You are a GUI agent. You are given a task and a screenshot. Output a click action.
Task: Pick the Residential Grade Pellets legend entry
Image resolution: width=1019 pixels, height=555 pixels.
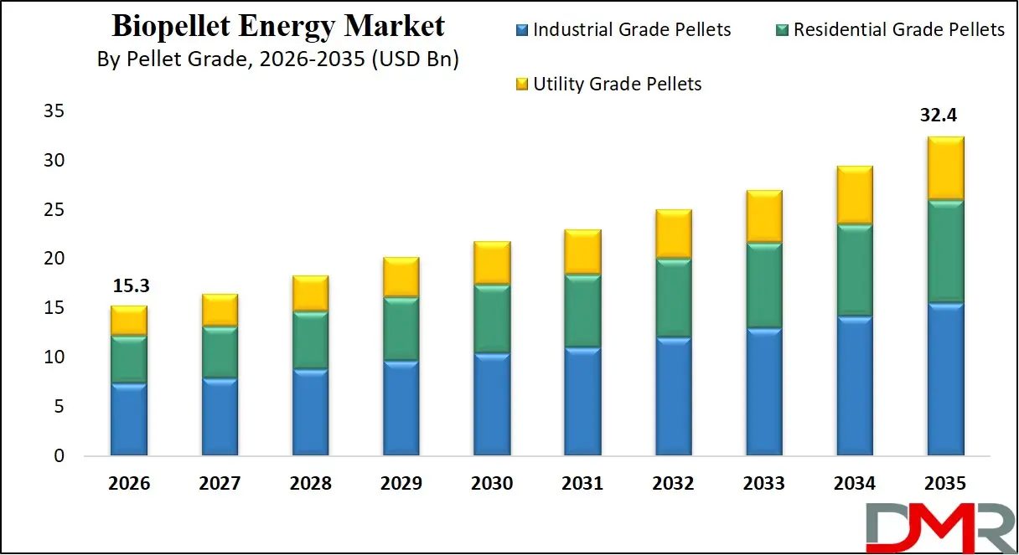tap(898, 30)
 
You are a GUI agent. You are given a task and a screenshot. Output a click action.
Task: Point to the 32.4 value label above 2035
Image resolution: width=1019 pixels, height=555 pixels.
tap(944, 116)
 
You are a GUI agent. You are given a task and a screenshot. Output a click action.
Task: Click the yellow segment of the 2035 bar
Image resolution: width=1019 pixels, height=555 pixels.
tap(944, 168)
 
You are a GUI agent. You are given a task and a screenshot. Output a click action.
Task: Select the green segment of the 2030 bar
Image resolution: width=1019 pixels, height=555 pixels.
tap(492, 319)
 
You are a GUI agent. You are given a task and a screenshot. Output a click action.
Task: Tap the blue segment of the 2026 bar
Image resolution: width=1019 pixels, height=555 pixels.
tap(129, 419)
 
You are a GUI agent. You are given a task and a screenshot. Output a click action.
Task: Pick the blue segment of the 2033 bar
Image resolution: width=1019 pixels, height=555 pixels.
tap(763, 392)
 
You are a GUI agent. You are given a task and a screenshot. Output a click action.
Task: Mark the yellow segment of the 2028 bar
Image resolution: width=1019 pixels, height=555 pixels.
tap(310, 293)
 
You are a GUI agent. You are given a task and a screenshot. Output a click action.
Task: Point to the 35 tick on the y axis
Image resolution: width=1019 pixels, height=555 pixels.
tap(54, 111)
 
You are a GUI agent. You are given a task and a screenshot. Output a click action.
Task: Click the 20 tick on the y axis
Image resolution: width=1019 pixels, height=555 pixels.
tap(54, 260)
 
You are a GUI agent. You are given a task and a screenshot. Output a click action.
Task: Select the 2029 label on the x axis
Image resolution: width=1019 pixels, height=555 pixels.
tap(401, 484)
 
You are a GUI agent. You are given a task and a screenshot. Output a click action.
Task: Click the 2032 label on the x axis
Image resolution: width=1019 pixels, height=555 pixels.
tap(673, 484)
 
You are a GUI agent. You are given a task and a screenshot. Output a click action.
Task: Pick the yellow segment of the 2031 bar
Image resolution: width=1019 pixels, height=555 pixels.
tap(582, 252)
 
